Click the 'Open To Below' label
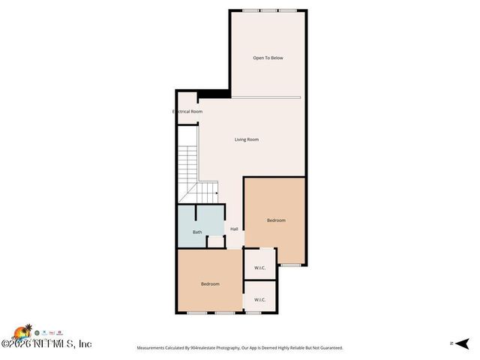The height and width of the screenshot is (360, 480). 268,58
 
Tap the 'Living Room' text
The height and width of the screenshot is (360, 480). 247,139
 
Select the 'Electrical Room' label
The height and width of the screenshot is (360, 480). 187,112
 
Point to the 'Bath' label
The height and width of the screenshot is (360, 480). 197,232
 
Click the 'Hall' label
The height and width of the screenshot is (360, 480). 234,229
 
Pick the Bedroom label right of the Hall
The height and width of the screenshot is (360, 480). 276,220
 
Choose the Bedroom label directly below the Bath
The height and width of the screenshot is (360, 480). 210,283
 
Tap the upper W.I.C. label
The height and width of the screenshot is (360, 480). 260,268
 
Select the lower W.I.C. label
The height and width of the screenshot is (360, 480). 260,299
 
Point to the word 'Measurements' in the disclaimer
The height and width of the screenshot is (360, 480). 153,348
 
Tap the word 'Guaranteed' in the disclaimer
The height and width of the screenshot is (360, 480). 327,348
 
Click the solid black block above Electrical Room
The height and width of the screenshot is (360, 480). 214,94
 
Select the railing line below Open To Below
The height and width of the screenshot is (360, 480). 266,97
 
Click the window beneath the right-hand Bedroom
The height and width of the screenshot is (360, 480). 290,265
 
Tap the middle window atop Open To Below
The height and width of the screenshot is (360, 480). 268,10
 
